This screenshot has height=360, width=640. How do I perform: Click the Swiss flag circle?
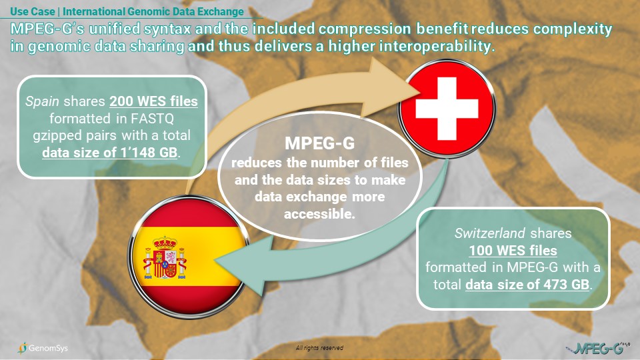(447, 108)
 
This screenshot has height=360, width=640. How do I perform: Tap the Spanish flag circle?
(188, 257)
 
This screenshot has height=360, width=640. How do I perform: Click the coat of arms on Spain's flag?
(165, 257)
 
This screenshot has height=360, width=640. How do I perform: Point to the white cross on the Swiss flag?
(447, 109)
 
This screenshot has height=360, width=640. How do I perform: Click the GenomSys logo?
(43, 348)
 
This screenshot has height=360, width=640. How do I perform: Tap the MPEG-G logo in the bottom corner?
(599, 348)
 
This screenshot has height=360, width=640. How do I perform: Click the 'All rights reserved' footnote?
(319, 348)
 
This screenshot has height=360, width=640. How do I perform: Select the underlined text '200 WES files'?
(153, 101)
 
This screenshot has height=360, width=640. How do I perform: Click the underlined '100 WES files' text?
(513, 250)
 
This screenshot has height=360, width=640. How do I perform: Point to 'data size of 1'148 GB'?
(110, 152)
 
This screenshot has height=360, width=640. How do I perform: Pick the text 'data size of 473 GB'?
(527, 284)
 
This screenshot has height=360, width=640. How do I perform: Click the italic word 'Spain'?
(43, 101)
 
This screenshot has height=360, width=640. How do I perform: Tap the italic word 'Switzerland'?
(490, 233)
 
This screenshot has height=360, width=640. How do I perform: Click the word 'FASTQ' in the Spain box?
(152, 119)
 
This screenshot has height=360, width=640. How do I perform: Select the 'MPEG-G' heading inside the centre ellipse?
(319, 143)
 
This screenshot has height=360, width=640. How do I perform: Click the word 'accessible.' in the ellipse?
(319, 213)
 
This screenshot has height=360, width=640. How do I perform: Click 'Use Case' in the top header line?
(33, 11)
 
